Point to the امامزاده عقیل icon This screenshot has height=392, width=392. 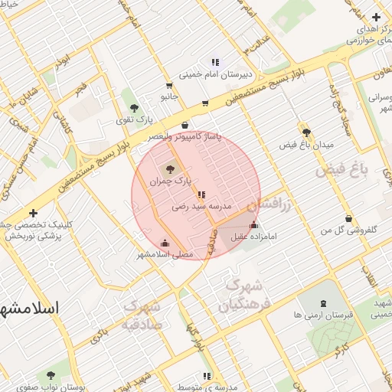click(x=254, y=225)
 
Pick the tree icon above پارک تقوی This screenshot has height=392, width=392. click(x=135, y=108)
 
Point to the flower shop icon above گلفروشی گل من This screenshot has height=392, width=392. click(x=349, y=218)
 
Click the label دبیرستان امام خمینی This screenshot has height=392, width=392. click(x=214, y=75)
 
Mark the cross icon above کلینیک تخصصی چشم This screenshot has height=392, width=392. click(x=32, y=213)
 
